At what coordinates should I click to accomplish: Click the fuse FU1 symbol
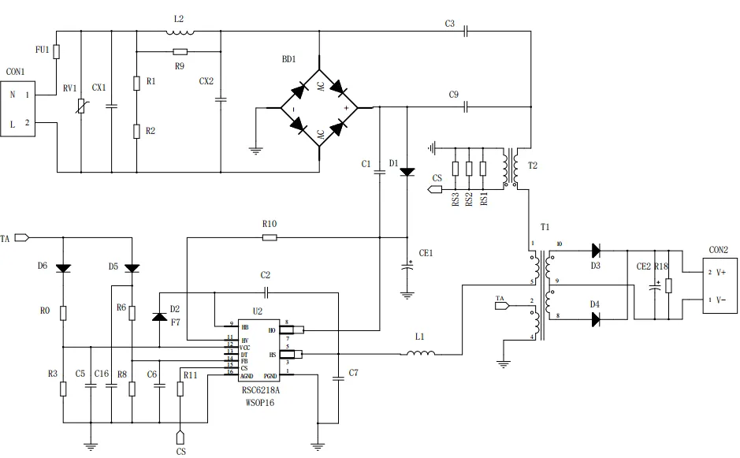(57, 51)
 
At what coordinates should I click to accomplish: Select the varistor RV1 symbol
(82, 105)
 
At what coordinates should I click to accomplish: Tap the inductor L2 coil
(180, 32)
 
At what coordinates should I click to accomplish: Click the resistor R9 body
(179, 51)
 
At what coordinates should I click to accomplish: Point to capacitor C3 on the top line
(467, 32)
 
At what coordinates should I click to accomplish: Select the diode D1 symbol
(407, 171)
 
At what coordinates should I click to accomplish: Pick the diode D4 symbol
(596, 319)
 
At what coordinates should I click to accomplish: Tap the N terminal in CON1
(13, 95)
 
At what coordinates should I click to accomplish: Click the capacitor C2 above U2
(266, 292)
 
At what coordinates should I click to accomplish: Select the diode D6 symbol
(62, 268)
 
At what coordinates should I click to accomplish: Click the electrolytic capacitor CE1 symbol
(407, 266)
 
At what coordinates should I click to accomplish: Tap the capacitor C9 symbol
(467, 106)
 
